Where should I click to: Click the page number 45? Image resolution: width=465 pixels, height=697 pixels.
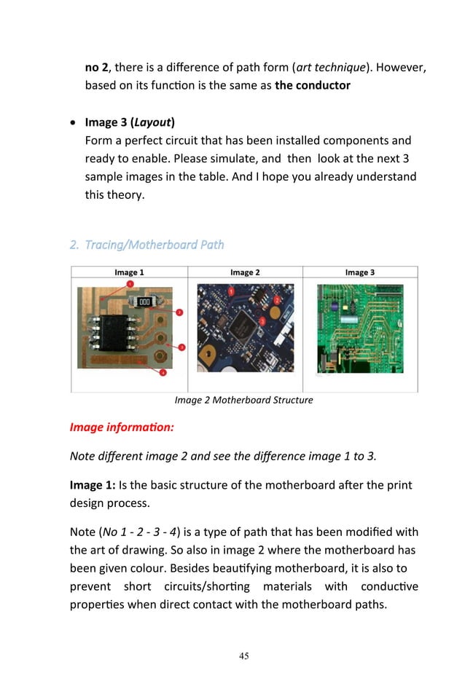tap(244, 656)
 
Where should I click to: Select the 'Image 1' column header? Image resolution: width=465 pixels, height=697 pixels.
tap(129, 272)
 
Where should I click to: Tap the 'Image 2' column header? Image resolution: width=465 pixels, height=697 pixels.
tap(245, 272)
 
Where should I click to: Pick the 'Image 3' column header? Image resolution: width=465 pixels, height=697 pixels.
tap(360, 272)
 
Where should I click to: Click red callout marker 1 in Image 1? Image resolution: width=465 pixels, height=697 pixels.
tap(130, 283)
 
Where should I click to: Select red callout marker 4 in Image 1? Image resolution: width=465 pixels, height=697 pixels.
tap(163, 372)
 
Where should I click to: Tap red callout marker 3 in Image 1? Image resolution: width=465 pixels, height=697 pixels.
tap(181, 347)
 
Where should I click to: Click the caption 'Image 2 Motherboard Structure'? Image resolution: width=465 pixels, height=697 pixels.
tap(243, 400)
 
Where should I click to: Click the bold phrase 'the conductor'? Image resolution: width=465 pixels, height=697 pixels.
tap(312, 85)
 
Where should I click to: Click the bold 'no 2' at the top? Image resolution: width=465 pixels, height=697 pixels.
tap(97, 68)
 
